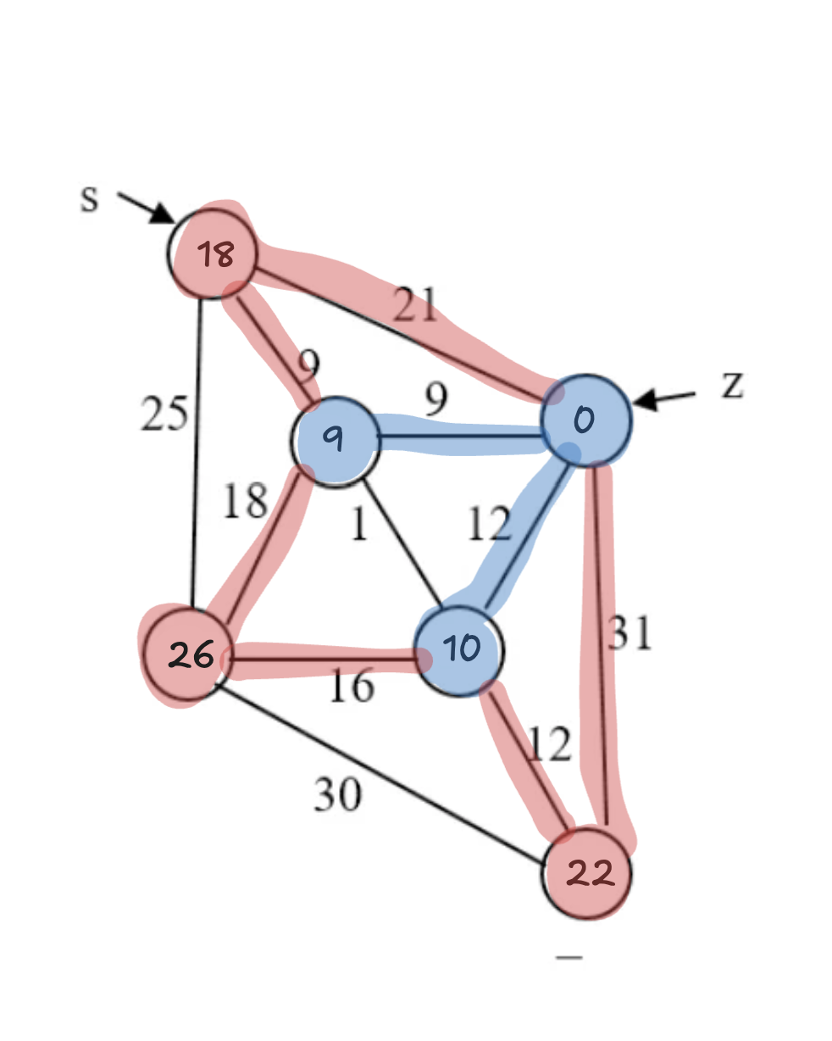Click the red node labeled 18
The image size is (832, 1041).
(213, 253)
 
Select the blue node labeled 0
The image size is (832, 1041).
(585, 420)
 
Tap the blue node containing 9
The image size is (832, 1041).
(335, 440)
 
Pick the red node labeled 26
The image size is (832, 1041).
(187, 654)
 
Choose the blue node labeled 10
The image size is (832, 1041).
(460, 649)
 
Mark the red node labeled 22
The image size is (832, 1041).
(587, 873)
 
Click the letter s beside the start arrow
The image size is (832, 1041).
(89, 199)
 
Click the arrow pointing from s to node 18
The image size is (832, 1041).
(146, 209)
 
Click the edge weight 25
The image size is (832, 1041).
(164, 415)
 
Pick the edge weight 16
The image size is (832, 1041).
(351, 685)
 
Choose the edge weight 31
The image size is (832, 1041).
(630, 632)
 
